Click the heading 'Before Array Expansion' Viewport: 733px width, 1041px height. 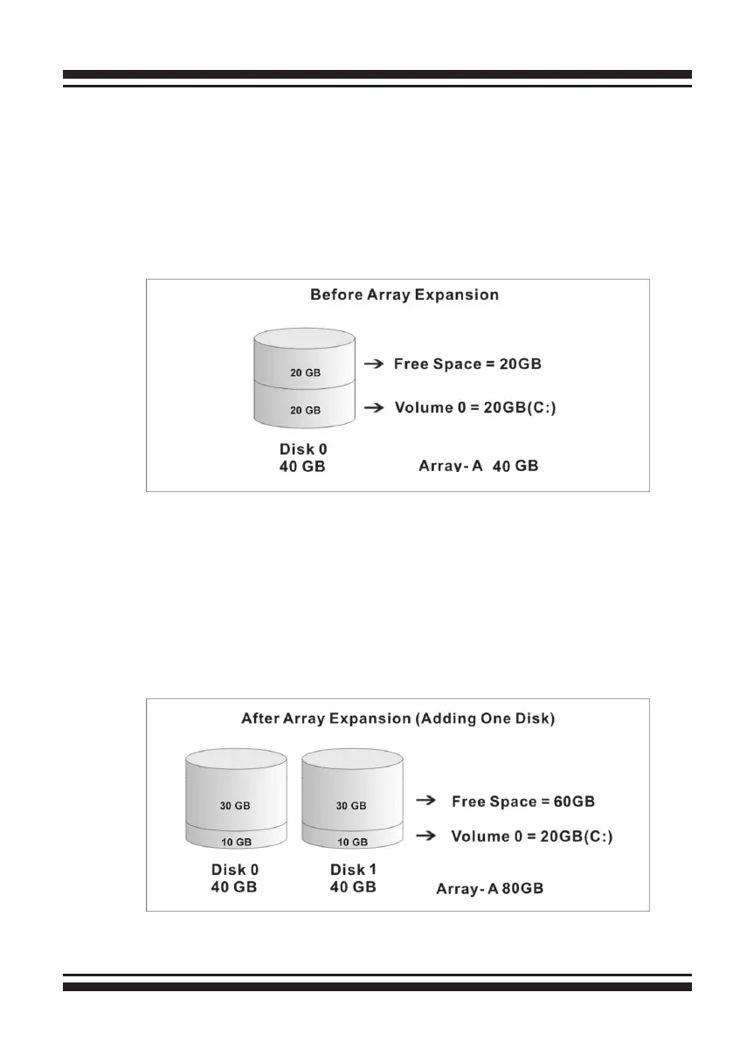(405, 295)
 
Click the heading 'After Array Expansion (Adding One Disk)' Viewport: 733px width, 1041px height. (398, 719)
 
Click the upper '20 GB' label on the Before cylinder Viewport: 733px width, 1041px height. (306, 372)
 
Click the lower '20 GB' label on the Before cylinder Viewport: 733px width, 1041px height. (306, 409)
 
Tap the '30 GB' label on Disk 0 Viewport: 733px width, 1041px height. (235, 806)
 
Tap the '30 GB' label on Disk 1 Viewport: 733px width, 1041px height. (350, 806)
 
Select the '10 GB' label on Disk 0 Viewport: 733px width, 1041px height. (235, 843)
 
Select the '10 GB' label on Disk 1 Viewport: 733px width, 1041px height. (350, 843)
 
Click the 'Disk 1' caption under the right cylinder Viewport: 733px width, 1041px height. (353, 870)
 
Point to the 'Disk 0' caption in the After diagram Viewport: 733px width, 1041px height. (235, 870)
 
